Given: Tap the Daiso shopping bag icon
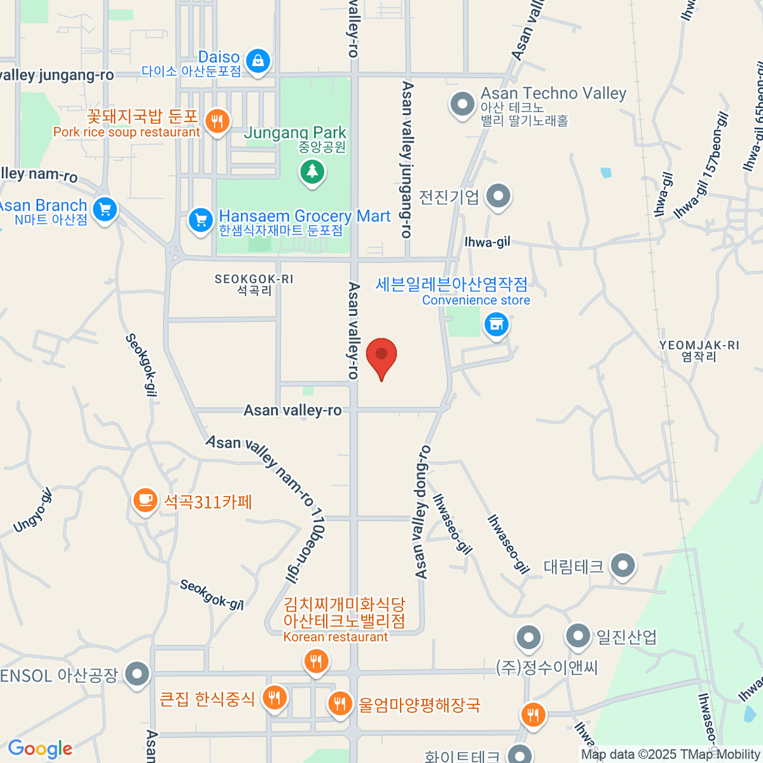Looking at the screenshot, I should coord(258,61).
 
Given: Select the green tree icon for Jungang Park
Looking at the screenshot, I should coord(312,172).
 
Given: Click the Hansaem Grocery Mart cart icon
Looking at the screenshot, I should coord(200,221).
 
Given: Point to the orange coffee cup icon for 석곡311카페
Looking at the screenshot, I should coord(145,500).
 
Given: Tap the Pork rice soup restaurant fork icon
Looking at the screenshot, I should coord(217,120).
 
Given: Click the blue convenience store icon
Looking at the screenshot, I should coord(497,325).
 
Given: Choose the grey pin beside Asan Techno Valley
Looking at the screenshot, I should coord(462,104).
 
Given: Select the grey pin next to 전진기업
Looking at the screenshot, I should coord(498,196).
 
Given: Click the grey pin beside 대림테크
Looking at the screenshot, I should coord(622,565).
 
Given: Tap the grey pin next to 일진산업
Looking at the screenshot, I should coord(578,635).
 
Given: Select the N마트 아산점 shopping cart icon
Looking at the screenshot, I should coord(104,209).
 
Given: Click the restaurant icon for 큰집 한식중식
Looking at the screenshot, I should coord(275,698).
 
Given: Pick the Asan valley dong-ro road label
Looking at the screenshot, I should coord(422,512).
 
